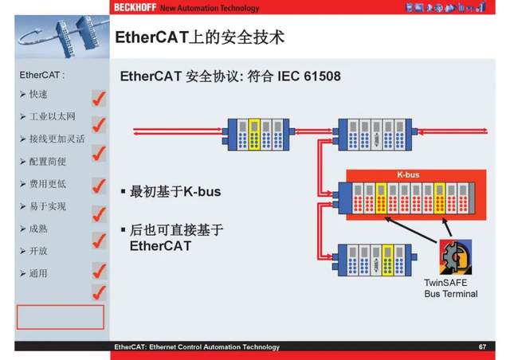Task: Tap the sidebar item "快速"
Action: [37, 94]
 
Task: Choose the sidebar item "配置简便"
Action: [48, 161]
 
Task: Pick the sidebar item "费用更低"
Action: [48, 183]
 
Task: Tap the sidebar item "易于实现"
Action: [48, 206]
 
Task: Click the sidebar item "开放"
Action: [37, 251]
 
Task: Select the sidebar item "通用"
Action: [37, 273]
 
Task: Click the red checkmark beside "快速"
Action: [99, 98]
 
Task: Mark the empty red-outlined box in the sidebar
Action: [61, 316]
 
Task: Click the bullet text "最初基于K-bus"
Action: [175, 192]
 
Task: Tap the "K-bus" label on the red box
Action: [409, 174]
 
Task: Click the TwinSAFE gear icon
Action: [455, 257]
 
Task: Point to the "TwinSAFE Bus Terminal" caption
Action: [450, 288]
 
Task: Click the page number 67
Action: [482, 347]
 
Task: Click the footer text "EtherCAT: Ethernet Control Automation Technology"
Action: [196, 347]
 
